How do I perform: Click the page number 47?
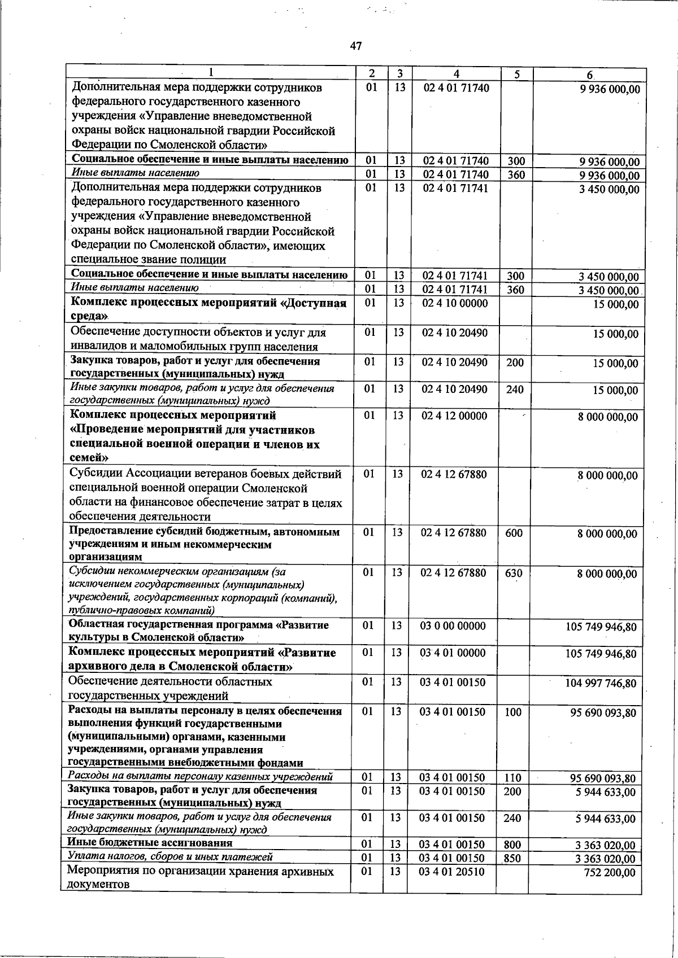(x=355, y=46)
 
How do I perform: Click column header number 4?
(x=456, y=73)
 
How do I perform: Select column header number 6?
(x=589, y=75)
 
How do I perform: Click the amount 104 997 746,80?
(x=601, y=684)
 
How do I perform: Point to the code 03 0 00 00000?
(x=453, y=625)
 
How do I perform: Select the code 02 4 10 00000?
(x=455, y=303)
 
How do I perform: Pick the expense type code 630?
(x=514, y=574)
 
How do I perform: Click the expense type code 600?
(x=514, y=533)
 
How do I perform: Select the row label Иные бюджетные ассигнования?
(x=150, y=859)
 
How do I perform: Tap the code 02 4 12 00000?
(x=454, y=416)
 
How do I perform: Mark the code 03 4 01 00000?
(x=453, y=653)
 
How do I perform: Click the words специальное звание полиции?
(x=149, y=260)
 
